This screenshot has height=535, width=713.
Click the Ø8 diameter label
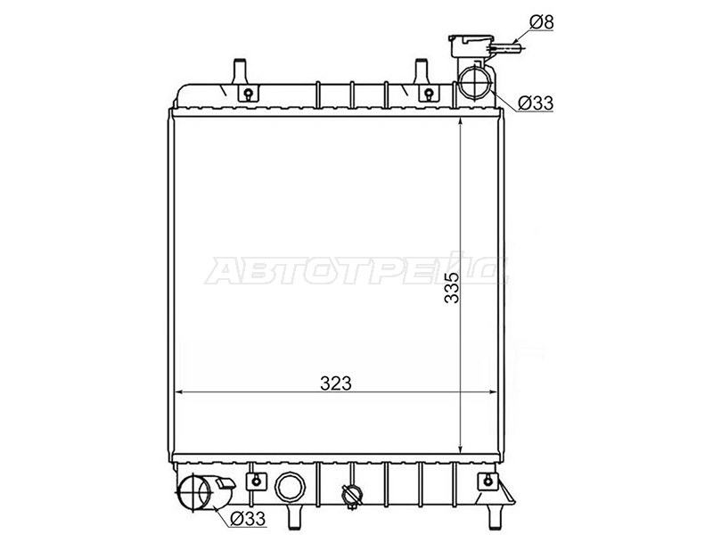click(542, 21)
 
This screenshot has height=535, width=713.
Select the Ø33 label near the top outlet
click(536, 103)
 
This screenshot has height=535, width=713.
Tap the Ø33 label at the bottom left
click(248, 518)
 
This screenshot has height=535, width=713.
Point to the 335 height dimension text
click(453, 287)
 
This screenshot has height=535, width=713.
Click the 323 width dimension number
click(336, 383)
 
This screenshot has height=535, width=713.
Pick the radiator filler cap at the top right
click(471, 45)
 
